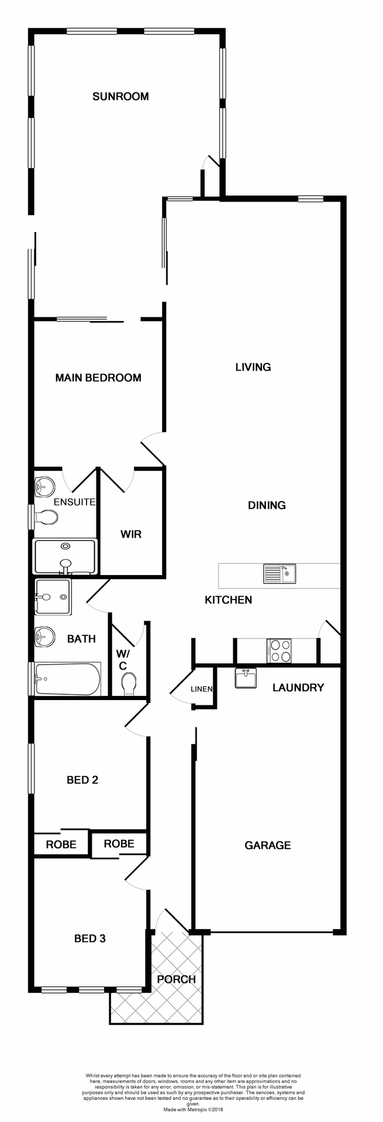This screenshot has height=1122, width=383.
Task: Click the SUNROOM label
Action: [120, 96]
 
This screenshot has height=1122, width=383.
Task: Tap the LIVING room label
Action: [253, 367]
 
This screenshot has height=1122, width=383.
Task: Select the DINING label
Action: [267, 505]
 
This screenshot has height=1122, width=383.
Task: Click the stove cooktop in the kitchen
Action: [280, 651]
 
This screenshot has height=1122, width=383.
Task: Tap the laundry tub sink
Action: [246, 679]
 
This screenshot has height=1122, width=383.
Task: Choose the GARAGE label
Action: [267, 845]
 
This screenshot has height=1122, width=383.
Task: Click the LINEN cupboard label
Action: [201, 690]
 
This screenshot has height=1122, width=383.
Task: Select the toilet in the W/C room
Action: [129, 683]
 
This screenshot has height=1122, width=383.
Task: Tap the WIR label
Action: [131, 534]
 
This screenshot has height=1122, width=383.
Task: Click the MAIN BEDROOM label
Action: [98, 378]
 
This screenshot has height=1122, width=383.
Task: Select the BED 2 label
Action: [82, 780]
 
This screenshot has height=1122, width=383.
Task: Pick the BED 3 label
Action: [89, 939]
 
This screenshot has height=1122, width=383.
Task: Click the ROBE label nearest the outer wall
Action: [61, 844]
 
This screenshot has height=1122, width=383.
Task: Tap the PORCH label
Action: [176, 979]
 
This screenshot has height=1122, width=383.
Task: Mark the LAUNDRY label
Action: [298, 688]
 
